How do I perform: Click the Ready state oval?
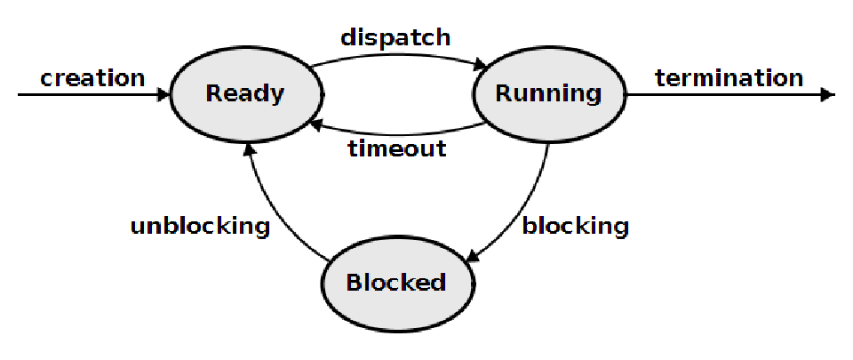coord(244,93)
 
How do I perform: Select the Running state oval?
coord(548,93)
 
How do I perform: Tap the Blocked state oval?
coord(395,283)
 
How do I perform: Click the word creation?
coord(92,78)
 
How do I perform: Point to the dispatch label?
coord(395,38)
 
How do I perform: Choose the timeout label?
coord(395,148)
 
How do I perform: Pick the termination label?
coord(729,78)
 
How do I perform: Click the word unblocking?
coord(200,226)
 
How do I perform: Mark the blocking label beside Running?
coord(575,226)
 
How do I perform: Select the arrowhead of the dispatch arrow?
coord(481,64)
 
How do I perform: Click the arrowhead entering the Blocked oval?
coord(471,259)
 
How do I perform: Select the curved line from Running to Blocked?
coord(524,213)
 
